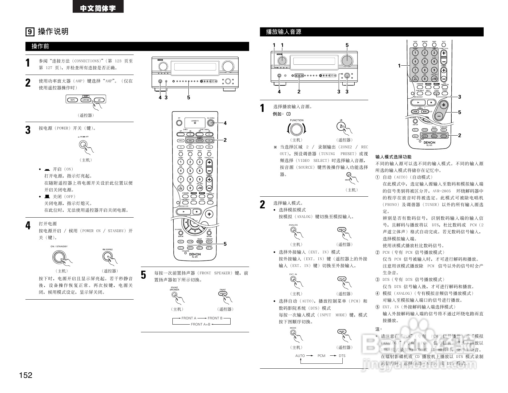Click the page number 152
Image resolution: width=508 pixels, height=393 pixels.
point(26,375)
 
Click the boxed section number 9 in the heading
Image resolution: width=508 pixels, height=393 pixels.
point(30,32)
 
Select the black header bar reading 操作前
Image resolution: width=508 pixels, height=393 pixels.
point(137,47)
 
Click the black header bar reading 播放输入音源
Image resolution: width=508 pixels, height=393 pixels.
point(371,32)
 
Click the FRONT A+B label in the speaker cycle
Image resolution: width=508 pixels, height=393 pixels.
point(200,324)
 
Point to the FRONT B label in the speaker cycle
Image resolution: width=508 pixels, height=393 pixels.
point(215,318)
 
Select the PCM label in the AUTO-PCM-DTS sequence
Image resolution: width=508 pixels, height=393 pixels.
point(321,356)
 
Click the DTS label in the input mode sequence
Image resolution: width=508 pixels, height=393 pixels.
point(342,356)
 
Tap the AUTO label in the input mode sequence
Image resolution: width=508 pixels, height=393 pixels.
point(300,356)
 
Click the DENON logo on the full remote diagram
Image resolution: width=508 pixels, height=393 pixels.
point(195,254)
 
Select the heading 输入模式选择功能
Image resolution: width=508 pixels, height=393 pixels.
point(393,157)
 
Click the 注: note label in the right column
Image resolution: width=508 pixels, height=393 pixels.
point(378,329)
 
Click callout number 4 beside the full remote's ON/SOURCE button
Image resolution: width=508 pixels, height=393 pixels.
point(225,123)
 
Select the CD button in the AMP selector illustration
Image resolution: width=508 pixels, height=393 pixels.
point(99,100)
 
